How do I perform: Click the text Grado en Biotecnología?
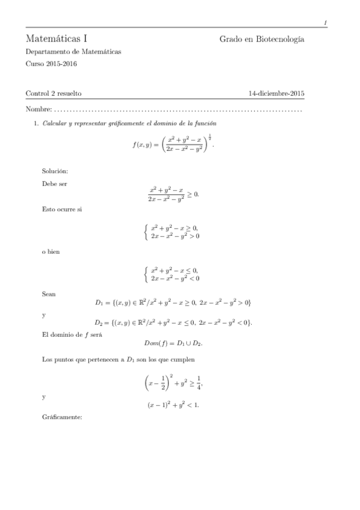[261, 39]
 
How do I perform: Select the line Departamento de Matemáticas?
[73, 52]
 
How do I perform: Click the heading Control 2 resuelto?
[53, 93]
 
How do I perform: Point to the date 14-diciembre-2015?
[276, 93]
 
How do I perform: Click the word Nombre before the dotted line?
[38, 109]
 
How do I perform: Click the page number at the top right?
[325, 23]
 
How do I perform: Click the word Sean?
[49, 294]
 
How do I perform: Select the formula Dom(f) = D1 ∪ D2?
[173, 343]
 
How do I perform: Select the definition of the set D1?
[174, 302]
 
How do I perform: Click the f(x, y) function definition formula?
[172, 145]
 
